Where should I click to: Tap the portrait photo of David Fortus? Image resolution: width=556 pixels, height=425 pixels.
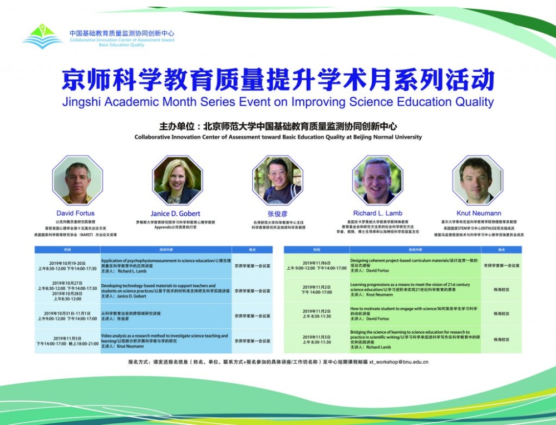[77, 180]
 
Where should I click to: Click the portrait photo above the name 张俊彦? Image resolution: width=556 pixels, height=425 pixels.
[277, 180]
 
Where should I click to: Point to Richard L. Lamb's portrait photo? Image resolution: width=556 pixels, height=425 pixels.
[377, 180]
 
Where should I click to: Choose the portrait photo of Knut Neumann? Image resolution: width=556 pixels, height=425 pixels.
[478, 180]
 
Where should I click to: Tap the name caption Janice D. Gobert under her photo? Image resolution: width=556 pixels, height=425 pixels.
[175, 214]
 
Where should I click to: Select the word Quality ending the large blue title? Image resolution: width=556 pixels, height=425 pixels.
[471, 102]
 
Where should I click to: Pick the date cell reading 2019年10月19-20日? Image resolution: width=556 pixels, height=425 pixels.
[67, 263]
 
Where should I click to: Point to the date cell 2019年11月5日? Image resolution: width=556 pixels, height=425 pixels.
[67, 338]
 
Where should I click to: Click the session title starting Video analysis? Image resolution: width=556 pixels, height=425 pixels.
[164, 336]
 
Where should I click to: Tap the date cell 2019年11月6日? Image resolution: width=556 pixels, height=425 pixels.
[316, 263]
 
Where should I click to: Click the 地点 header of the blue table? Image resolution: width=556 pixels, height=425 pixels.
[252, 250]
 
